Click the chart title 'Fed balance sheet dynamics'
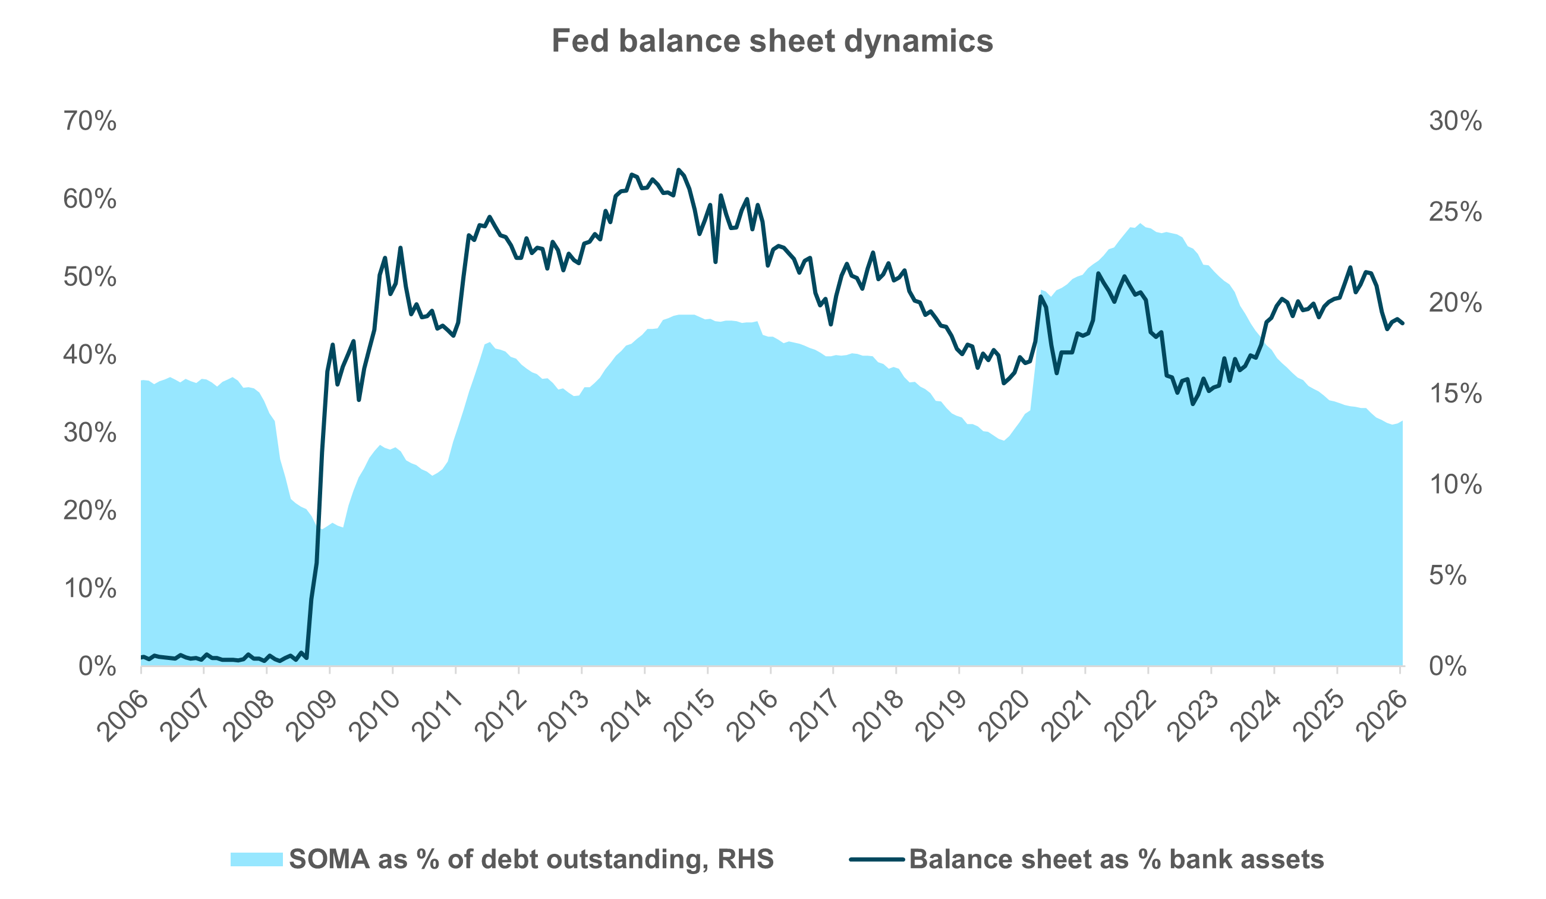pyautogui.click(x=772, y=41)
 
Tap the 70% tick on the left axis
pyautogui.click(x=90, y=121)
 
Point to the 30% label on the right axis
pyautogui.click(x=1455, y=121)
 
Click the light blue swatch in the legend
pyautogui.click(x=256, y=859)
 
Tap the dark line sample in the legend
pyautogui.click(x=877, y=859)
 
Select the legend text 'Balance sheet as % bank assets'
pyautogui.click(x=1116, y=859)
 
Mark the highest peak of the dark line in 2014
pyautogui.click(x=678, y=169)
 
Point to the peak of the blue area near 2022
pyautogui.click(x=1140, y=224)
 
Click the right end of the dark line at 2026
pyautogui.click(x=1403, y=323)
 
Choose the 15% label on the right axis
pyautogui.click(x=1455, y=394)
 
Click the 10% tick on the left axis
pyautogui.click(x=90, y=589)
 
